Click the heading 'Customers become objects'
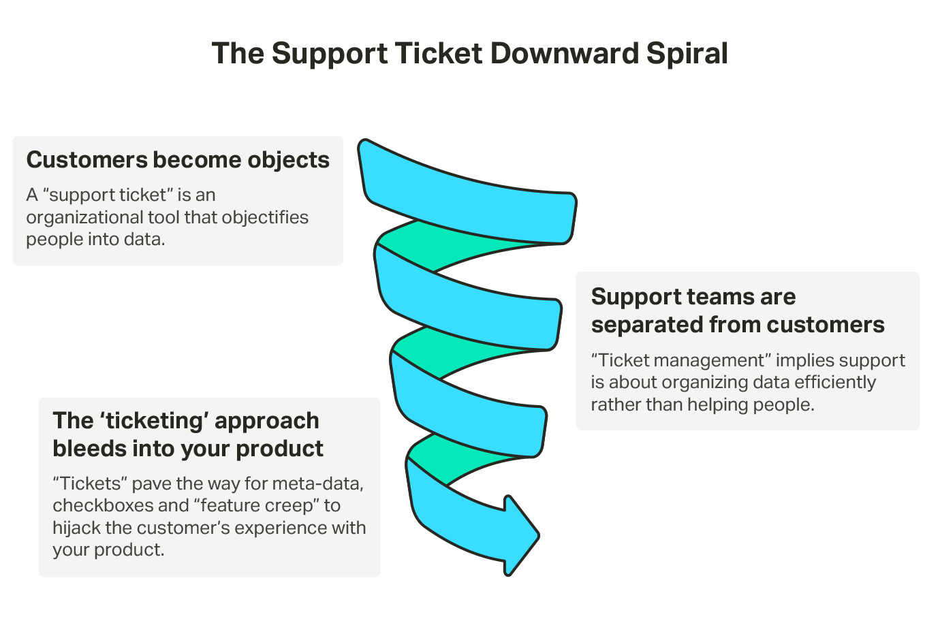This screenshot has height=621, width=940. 178,160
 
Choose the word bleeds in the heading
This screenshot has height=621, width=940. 85,449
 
